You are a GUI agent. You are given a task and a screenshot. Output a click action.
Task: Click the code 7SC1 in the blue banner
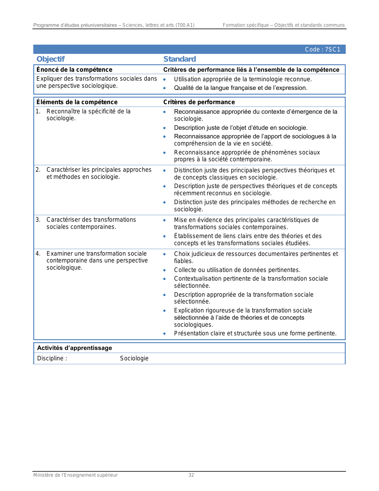coord(323,50)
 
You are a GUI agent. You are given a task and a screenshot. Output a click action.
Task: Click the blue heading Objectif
coord(51,59)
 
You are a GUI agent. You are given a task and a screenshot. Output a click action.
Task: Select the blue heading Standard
coord(180,59)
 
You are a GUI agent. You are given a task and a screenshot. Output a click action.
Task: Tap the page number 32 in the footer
coord(191,475)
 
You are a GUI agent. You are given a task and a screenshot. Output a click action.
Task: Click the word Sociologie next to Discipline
coord(134,358)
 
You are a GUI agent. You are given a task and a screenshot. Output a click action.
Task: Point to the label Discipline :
coord(52,358)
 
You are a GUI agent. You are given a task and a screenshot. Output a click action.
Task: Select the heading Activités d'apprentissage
coord(75,348)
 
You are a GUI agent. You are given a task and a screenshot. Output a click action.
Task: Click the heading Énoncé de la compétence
coord(74,70)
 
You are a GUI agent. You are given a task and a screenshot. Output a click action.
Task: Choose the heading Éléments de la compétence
coord(77,102)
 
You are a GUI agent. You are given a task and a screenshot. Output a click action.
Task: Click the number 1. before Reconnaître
coord(38,111)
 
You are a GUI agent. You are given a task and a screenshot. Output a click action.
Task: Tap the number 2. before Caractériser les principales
coord(38,170)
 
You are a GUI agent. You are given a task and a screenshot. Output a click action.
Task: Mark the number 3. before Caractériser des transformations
coord(38,220)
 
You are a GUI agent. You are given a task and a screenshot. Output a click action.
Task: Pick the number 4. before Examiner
coord(38,254)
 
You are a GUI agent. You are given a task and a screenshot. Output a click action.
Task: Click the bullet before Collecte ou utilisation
coord(164,270)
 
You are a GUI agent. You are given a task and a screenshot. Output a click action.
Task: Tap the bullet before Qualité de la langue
coord(164,88)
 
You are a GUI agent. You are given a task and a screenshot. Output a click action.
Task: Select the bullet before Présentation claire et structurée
coord(164,334)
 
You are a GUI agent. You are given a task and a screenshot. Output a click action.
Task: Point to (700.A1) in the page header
coord(185,25)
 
